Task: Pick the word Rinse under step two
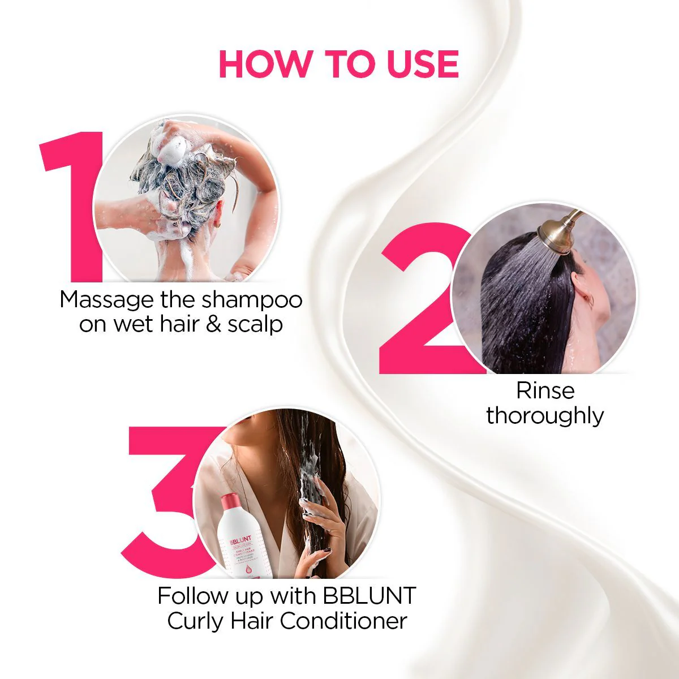pyautogui.click(x=545, y=390)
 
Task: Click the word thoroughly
pyautogui.click(x=545, y=416)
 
